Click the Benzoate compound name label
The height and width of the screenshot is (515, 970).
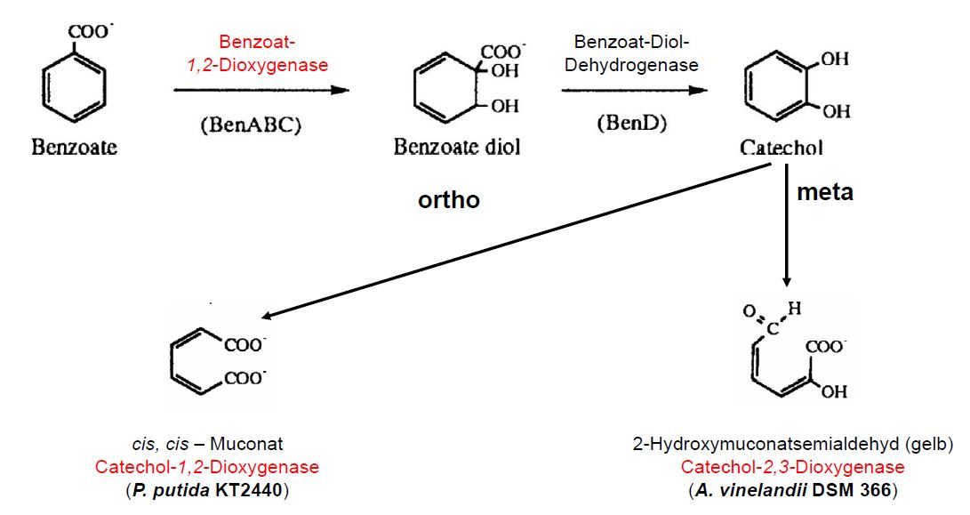[75, 147]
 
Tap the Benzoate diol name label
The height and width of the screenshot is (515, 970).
[457, 147]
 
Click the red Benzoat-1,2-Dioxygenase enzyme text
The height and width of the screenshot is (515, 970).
[263, 53]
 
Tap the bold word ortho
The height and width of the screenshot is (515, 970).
[449, 200]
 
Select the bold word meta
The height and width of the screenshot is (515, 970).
[824, 191]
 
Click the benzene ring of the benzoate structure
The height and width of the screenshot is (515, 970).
[75, 85]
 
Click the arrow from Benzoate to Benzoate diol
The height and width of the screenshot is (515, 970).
[261, 90]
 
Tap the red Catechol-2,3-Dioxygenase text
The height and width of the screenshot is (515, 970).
[793, 467]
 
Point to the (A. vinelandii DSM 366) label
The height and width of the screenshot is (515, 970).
[793, 489]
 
